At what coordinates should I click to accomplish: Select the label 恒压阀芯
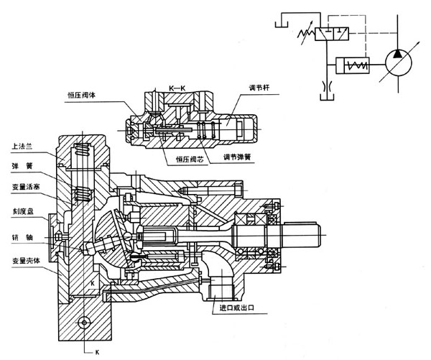[189, 160]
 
